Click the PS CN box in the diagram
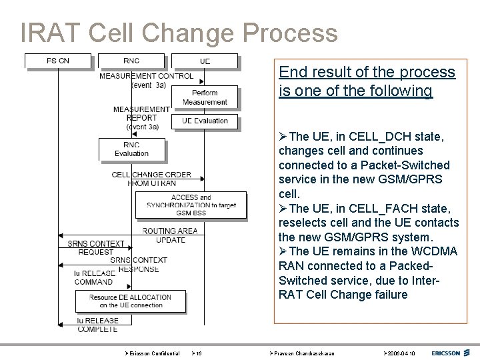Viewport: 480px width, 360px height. point(58,61)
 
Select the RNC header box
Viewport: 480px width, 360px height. point(131,61)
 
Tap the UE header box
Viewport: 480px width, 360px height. point(205,61)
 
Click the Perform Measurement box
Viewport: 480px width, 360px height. point(205,97)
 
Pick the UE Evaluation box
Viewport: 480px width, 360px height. point(205,121)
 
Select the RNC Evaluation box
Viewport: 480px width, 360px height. point(131,149)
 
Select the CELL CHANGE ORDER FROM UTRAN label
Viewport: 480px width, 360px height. point(151,179)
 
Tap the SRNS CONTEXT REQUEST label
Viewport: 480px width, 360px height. point(96,248)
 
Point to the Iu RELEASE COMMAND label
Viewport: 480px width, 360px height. point(94,277)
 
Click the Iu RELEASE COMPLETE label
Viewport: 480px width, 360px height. point(97,325)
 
